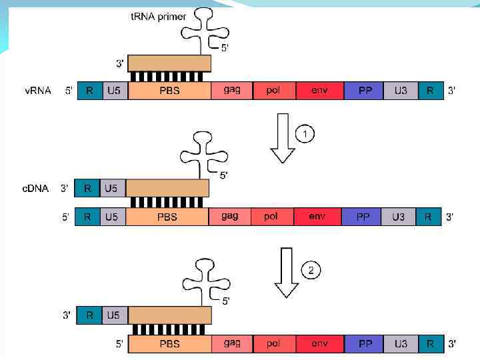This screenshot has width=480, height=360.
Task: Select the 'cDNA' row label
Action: click(35, 189)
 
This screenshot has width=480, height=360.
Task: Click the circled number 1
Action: click(305, 135)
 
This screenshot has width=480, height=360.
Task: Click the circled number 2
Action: click(311, 270)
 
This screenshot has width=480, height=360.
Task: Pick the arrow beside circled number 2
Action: click(287, 273)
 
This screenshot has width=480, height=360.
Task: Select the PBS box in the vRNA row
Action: click(169, 91)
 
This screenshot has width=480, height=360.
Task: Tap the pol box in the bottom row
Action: click(273, 344)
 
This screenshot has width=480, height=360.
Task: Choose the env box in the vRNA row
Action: click(319, 91)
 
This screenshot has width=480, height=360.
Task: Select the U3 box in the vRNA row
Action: click(401, 91)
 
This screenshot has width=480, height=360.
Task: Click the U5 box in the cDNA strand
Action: click(111, 189)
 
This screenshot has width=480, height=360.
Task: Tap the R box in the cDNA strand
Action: click(87, 189)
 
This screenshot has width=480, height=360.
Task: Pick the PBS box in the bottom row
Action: click(170, 344)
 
